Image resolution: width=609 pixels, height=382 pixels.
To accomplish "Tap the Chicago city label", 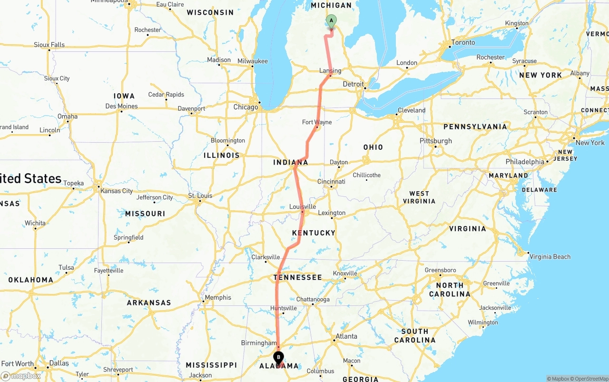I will [246, 107].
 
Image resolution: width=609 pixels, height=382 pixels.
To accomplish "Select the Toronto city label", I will [463, 42].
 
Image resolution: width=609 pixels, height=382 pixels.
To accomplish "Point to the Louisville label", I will [303, 206].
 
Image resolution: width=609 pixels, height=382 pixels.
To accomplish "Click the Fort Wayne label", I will [317, 122].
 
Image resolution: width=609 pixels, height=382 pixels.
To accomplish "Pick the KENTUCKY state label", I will [314, 233].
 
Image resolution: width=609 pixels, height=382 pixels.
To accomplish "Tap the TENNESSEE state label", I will [297, 277].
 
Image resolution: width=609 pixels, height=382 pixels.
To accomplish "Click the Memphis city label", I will [218, 297].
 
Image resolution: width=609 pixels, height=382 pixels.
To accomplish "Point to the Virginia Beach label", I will [550, 256].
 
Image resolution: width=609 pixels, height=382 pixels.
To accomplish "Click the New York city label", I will [590, 143].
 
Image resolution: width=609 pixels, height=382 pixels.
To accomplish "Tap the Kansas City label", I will [117, 191].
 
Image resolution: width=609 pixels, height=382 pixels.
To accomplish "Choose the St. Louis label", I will [200, 196].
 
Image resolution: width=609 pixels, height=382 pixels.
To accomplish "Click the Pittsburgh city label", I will [435, 141].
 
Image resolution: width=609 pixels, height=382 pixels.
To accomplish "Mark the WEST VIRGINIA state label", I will [419, 197].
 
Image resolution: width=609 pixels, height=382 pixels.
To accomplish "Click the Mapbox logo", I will [21, 376].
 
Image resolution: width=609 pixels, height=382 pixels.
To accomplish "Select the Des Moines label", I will [121, 106].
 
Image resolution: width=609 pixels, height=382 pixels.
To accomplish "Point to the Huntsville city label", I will [284, 308].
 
